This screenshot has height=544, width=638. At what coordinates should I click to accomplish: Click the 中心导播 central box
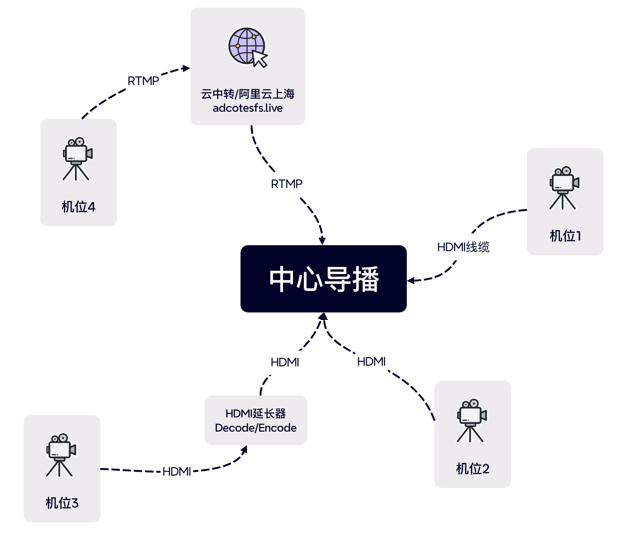click(x=324, y=279)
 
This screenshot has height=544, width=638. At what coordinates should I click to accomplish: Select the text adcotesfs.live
click(x=247, y=108)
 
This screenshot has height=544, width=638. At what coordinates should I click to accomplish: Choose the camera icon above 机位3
click(x=61, y=455)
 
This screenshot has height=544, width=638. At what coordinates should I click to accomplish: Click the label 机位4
click(x=78, y=207)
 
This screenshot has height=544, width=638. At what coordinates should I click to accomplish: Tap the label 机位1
click(x=565, y=236)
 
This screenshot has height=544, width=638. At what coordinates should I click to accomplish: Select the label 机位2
click(x=472, y=469)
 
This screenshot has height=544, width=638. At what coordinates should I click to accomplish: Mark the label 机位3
click(x=62, y=503)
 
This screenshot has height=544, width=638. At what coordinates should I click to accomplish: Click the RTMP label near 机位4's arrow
click(x=143, y=81)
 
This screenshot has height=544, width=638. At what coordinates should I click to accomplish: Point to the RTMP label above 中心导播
click(x=286, y=184)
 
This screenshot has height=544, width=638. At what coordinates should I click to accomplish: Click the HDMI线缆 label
click(x=463, y=247)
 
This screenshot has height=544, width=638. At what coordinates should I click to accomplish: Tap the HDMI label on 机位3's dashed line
click(x=177, y=472)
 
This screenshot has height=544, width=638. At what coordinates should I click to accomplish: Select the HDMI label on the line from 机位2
click(x=371, y=362)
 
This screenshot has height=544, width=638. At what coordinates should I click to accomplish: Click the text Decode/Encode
click(x=255, y=428)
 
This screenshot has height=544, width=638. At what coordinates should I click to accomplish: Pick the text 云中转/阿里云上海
click(x=247, y=94)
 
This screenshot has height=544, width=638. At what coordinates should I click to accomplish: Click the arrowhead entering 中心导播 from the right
click(x=411, y=280)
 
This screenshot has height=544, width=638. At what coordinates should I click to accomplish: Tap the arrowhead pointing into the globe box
click(x=187, y=68)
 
